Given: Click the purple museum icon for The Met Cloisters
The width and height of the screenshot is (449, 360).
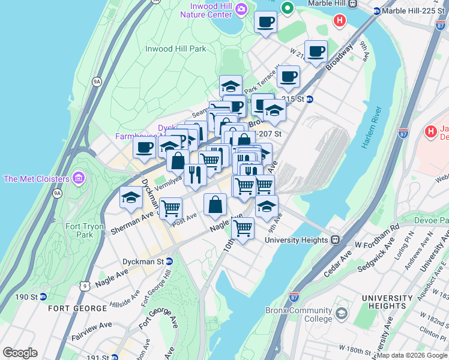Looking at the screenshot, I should pyautogui.click(x=78, y=178).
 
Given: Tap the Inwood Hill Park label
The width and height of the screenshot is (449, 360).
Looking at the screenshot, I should pyautogui.click(x=175, y=49).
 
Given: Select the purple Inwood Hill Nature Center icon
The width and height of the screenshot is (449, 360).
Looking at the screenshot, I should pyautogui.click(x=241, y=8).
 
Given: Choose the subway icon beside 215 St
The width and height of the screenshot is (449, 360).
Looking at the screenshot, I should pyautogui.click(x=310, y=99).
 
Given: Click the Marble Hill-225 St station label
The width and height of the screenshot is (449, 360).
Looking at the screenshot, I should pyautogui.click(x=410, y=10).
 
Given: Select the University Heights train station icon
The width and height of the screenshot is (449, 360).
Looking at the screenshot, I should pyautogui.click(x=336, y=239).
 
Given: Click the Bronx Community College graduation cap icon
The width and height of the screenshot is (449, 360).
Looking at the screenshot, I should pyautogui.click(x=342, y=314).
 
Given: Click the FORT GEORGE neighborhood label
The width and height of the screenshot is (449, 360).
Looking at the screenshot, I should pyautogui.click(x=79, y=308).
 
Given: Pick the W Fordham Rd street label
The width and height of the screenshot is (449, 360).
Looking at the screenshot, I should pyautogui.click(x=377, y=229).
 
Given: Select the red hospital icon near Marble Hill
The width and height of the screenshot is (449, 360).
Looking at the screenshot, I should pyautogui.click(x=339, y=21).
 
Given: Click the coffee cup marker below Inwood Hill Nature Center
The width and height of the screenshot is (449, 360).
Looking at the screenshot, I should pyautogui.click(x=265, y=23).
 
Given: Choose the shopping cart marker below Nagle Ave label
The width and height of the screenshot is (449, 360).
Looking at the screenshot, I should pyautogui.click(x=243, y=228).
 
